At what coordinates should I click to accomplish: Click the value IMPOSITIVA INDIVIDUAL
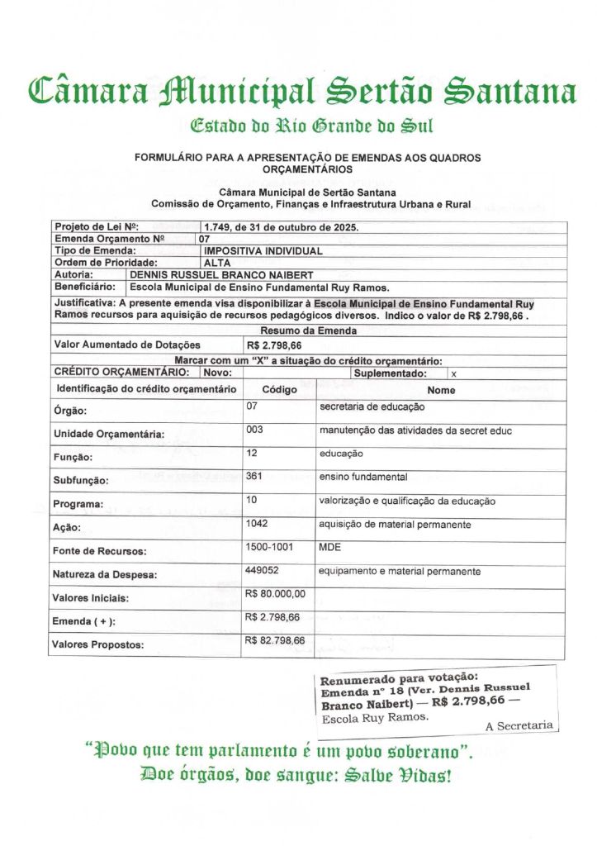[263, 250]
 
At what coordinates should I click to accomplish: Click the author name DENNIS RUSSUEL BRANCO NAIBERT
[222, 274]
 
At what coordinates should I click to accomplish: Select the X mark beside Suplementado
[453, 373]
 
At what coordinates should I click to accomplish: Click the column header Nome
[441, 389]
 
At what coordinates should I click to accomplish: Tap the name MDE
[330, 547]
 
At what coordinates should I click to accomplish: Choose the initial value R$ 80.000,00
[275, 593]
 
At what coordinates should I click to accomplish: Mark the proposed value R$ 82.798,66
[275, 640]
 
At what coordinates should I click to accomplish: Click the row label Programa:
[78, 504]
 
